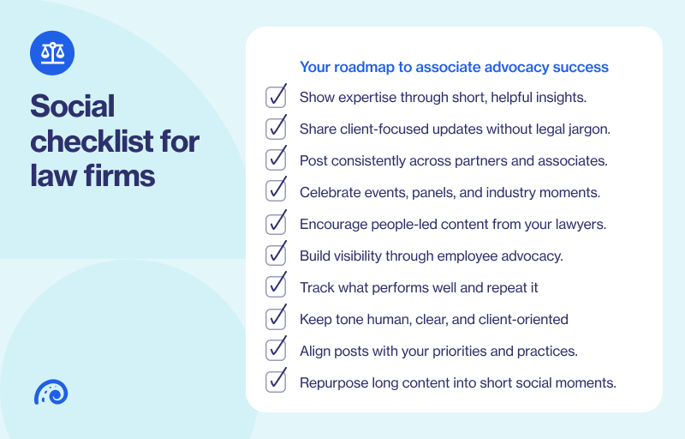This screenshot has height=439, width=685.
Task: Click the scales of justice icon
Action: pyautogui.click(x=52, y=52)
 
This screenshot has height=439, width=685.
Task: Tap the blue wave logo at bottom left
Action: pyautogui.click(x=51, y=393)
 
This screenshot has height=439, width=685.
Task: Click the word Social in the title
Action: pyautogui.click(x=72, y=106)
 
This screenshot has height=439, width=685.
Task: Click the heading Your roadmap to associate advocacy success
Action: pyautogui.click(x=454, y=67)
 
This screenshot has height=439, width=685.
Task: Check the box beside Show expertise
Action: pyautogui.click(x=276, y=97)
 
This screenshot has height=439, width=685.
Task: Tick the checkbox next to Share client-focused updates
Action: pyautogui.click(x=276, y=129)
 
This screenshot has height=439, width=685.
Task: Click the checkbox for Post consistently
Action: pyautogui.click(x=276, y=160)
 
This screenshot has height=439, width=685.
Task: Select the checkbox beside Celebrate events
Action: pyautogui.click(x=276, y=192)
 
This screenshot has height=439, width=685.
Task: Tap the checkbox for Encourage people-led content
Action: pyautogui.click(x=276, y=224)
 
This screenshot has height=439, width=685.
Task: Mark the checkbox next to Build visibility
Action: pyautogui.click(x=276, y=256)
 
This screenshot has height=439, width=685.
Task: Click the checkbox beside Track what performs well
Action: pyautogui.click(x=276, y=287)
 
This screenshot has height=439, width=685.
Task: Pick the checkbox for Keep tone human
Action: pyautogui.click(x=276, y=319)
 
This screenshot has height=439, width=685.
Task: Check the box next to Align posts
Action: pyautogui.click(x=276, y=351)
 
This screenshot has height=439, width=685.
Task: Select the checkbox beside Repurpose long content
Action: pyautogui.click(x=276, y=382)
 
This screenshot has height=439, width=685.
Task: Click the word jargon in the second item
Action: pyautogui.click(x=586, y=129)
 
